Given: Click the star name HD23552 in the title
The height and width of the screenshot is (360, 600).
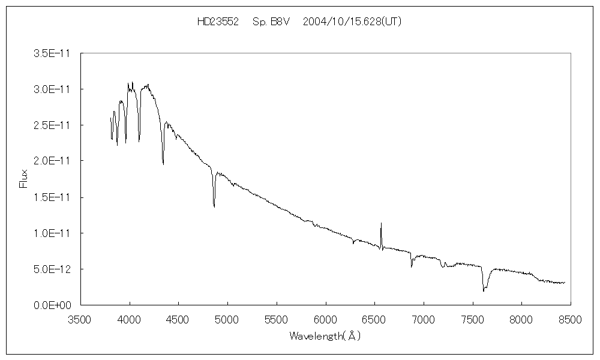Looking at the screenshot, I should tap(218, 22).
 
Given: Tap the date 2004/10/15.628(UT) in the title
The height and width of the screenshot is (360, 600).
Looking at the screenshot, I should tap(352, 22).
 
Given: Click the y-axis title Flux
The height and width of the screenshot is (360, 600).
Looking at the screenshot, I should tap(24, 179).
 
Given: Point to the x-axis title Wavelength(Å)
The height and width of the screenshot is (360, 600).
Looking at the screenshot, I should tap(325, 336).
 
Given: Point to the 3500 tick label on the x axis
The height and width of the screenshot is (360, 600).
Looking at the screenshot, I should tap(80, 319).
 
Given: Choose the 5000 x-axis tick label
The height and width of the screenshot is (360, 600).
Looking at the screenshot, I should tap(227, 319).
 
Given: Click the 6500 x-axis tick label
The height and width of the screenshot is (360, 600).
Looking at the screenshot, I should tap(374, 319).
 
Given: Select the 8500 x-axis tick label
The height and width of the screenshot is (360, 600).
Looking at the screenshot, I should tap(570, 319).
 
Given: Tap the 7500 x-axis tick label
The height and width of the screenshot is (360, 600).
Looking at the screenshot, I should tap(472, 319).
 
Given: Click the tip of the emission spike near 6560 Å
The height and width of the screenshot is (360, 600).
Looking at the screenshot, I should tap(381, 223).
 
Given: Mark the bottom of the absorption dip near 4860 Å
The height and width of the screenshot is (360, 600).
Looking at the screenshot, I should tap(214, 207).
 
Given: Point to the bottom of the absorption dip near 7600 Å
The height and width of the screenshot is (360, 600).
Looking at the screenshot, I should tap(483, 291).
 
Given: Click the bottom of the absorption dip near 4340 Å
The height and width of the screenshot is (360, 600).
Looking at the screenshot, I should tap(163, 164).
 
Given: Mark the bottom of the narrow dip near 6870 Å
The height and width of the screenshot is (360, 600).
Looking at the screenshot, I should tap(411, 266).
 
